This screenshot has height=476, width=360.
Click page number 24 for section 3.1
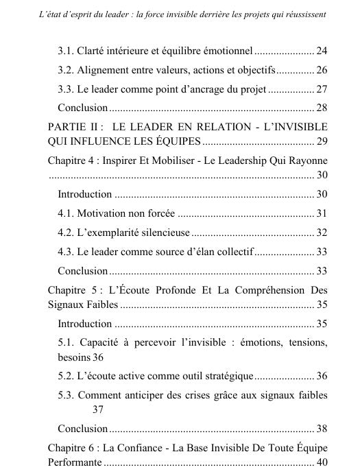tap(322, 51)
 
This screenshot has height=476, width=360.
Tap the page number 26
tap(322, 70)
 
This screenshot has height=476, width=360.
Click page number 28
tap(322, 108)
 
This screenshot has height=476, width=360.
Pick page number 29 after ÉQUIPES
tap(322, 142)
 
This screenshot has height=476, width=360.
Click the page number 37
tap(97, 410)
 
